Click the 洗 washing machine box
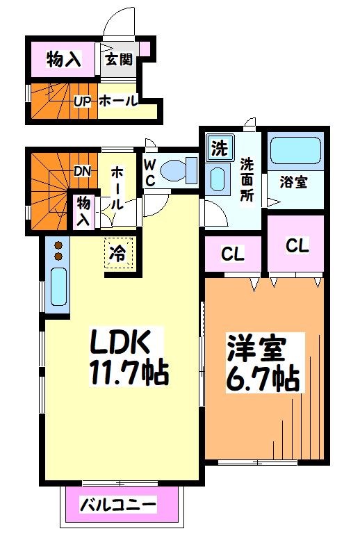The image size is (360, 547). (219, 148)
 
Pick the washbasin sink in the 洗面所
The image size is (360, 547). (218, 179)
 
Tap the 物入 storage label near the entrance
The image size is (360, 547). (64, 59)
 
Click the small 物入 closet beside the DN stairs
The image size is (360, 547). (83, 211)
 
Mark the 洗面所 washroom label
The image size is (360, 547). (247, 179)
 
